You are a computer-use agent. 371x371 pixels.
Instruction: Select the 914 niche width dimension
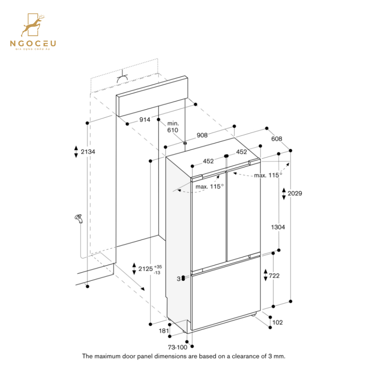144,120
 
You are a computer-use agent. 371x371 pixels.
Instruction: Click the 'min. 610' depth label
173,127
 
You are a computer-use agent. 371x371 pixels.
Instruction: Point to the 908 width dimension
202,135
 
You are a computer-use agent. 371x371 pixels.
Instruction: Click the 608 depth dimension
277,139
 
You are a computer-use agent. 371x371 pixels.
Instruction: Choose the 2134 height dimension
88,152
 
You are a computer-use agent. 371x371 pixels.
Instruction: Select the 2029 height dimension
295,193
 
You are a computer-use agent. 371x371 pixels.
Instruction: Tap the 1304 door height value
278,227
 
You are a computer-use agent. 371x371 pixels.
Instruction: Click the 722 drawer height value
274,276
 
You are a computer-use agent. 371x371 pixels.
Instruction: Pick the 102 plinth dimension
277,322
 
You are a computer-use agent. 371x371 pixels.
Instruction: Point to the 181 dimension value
164,331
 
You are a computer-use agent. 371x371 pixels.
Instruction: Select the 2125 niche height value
146,269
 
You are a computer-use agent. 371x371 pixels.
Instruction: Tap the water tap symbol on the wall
78,219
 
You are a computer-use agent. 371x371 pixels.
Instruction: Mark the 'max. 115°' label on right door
268,175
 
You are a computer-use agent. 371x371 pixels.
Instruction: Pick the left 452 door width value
208,161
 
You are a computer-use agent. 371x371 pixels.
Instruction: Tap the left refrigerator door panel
209,223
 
